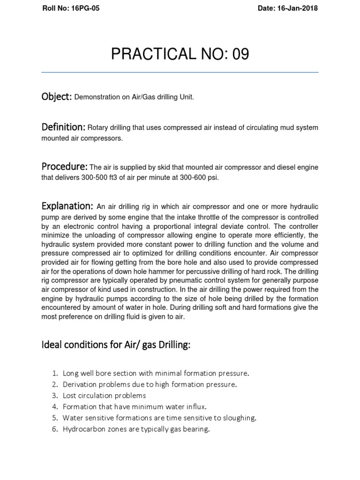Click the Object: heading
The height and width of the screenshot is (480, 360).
click(x=57, y=97)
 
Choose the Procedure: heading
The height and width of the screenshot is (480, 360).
click(x=65, y=167)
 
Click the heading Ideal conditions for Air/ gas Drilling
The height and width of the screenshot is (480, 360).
click(x=116, y=345)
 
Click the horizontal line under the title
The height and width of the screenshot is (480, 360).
click(x=180, y=73)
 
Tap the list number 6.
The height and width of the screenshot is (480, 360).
click(x=54, y=429)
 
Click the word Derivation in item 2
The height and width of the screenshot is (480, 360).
click(x=79, y=384)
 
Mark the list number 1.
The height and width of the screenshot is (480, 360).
click(x=54, y=374)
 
